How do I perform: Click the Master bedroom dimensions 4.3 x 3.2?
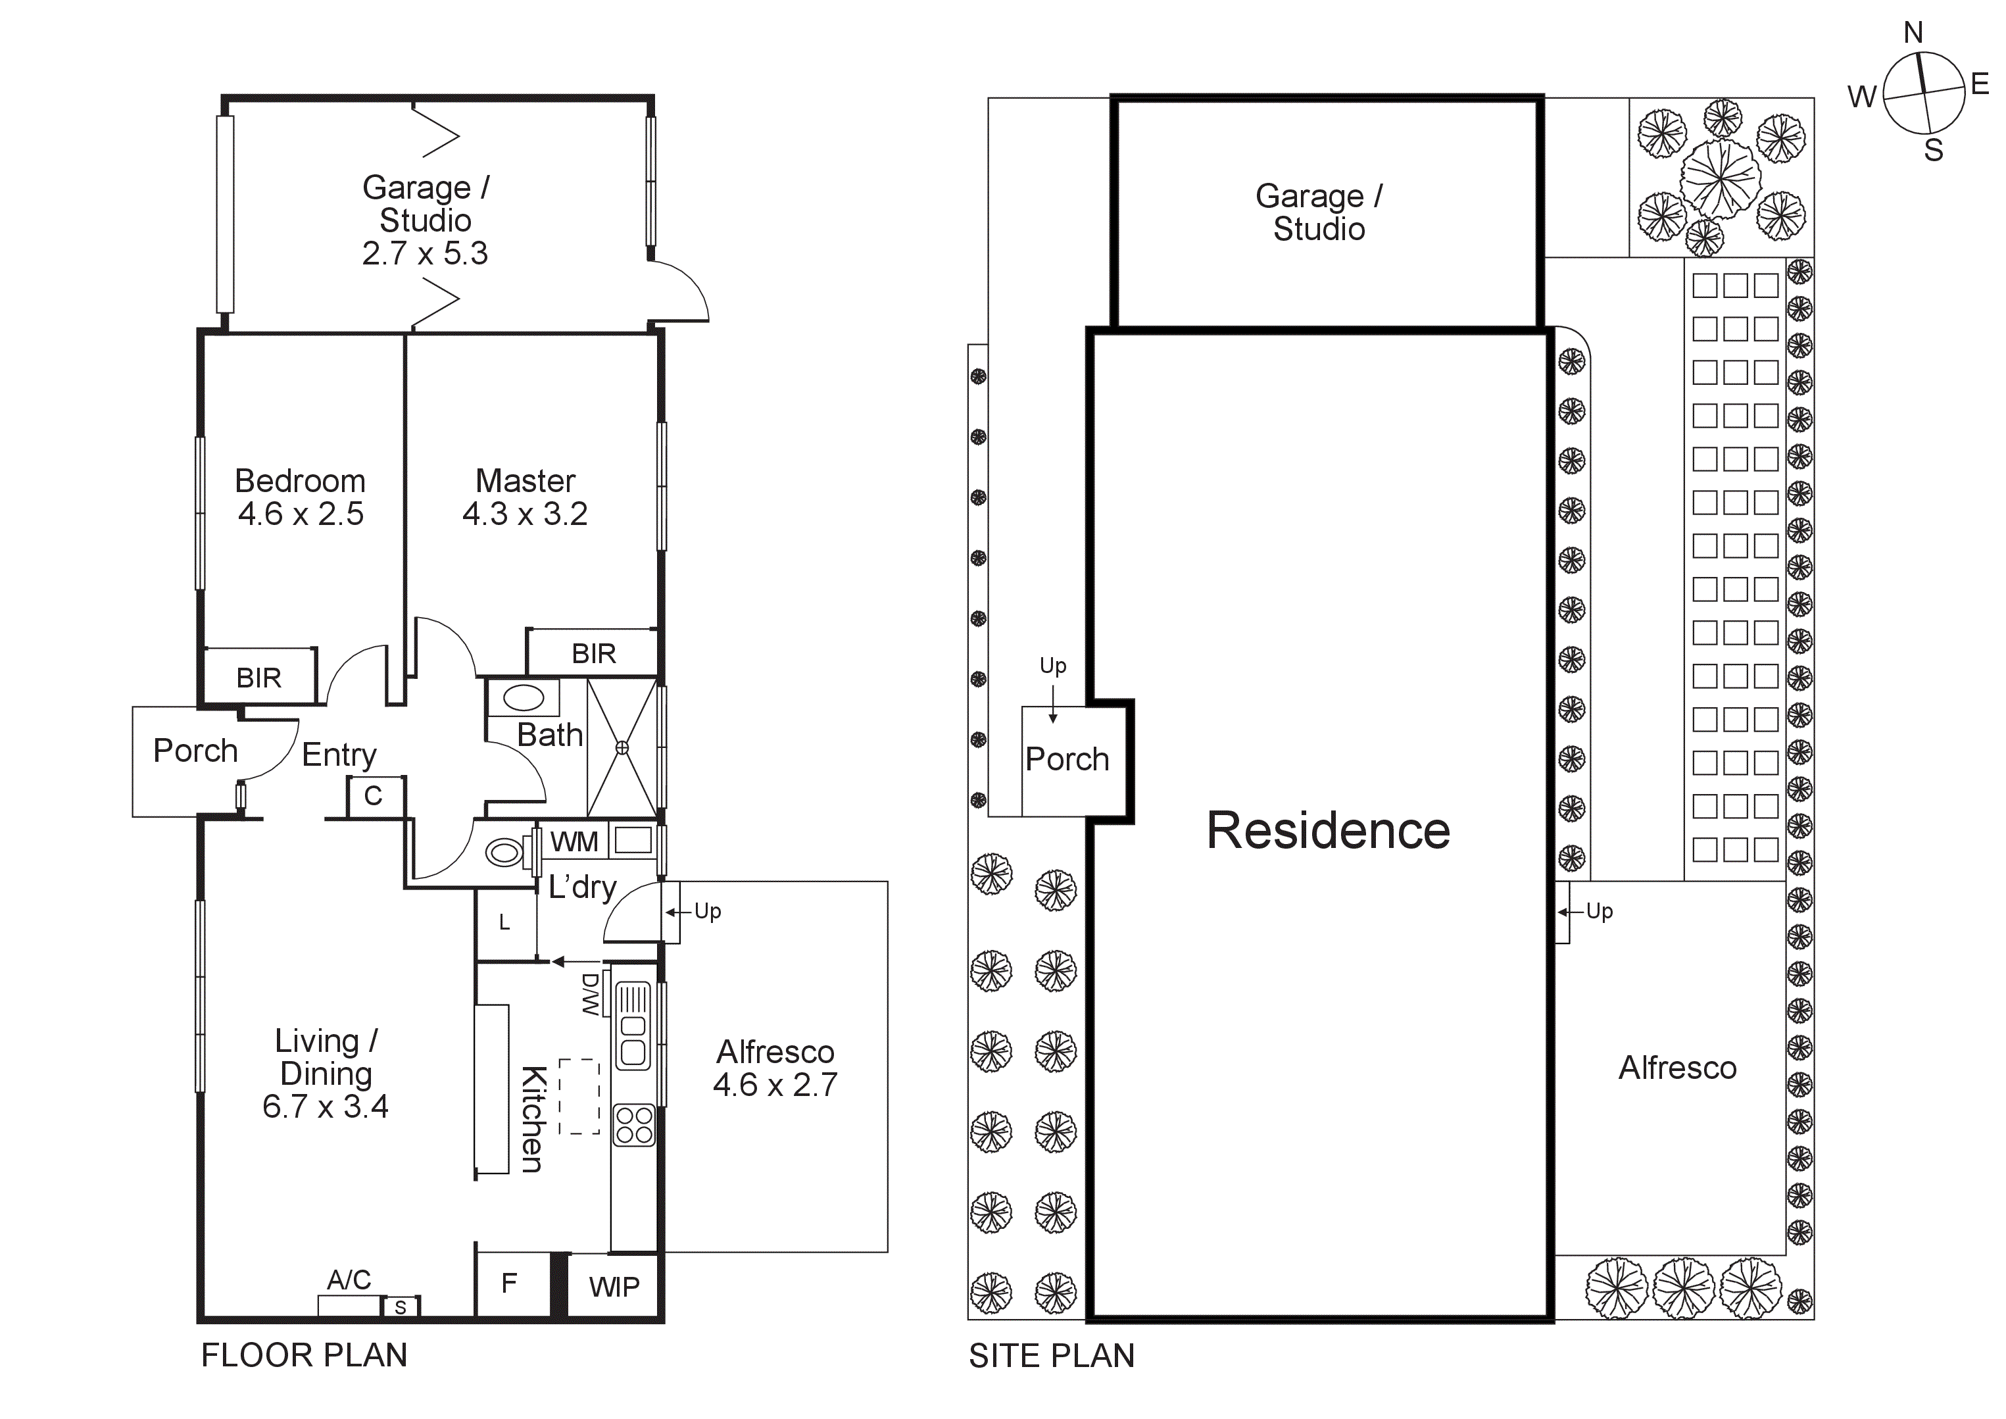(524, 514)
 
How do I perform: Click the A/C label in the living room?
(349, 1280)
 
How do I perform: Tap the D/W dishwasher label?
(591, 994)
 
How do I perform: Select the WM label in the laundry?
(574, 841)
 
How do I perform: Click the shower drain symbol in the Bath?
(622, 748)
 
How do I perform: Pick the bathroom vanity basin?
(524, 698)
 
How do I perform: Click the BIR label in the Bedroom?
(258, 678)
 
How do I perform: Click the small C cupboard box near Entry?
(373, 796)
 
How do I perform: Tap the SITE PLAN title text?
(1051, 1356)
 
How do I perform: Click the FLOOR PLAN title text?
(304, 1355)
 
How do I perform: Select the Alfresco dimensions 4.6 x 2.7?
(774, 1085)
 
